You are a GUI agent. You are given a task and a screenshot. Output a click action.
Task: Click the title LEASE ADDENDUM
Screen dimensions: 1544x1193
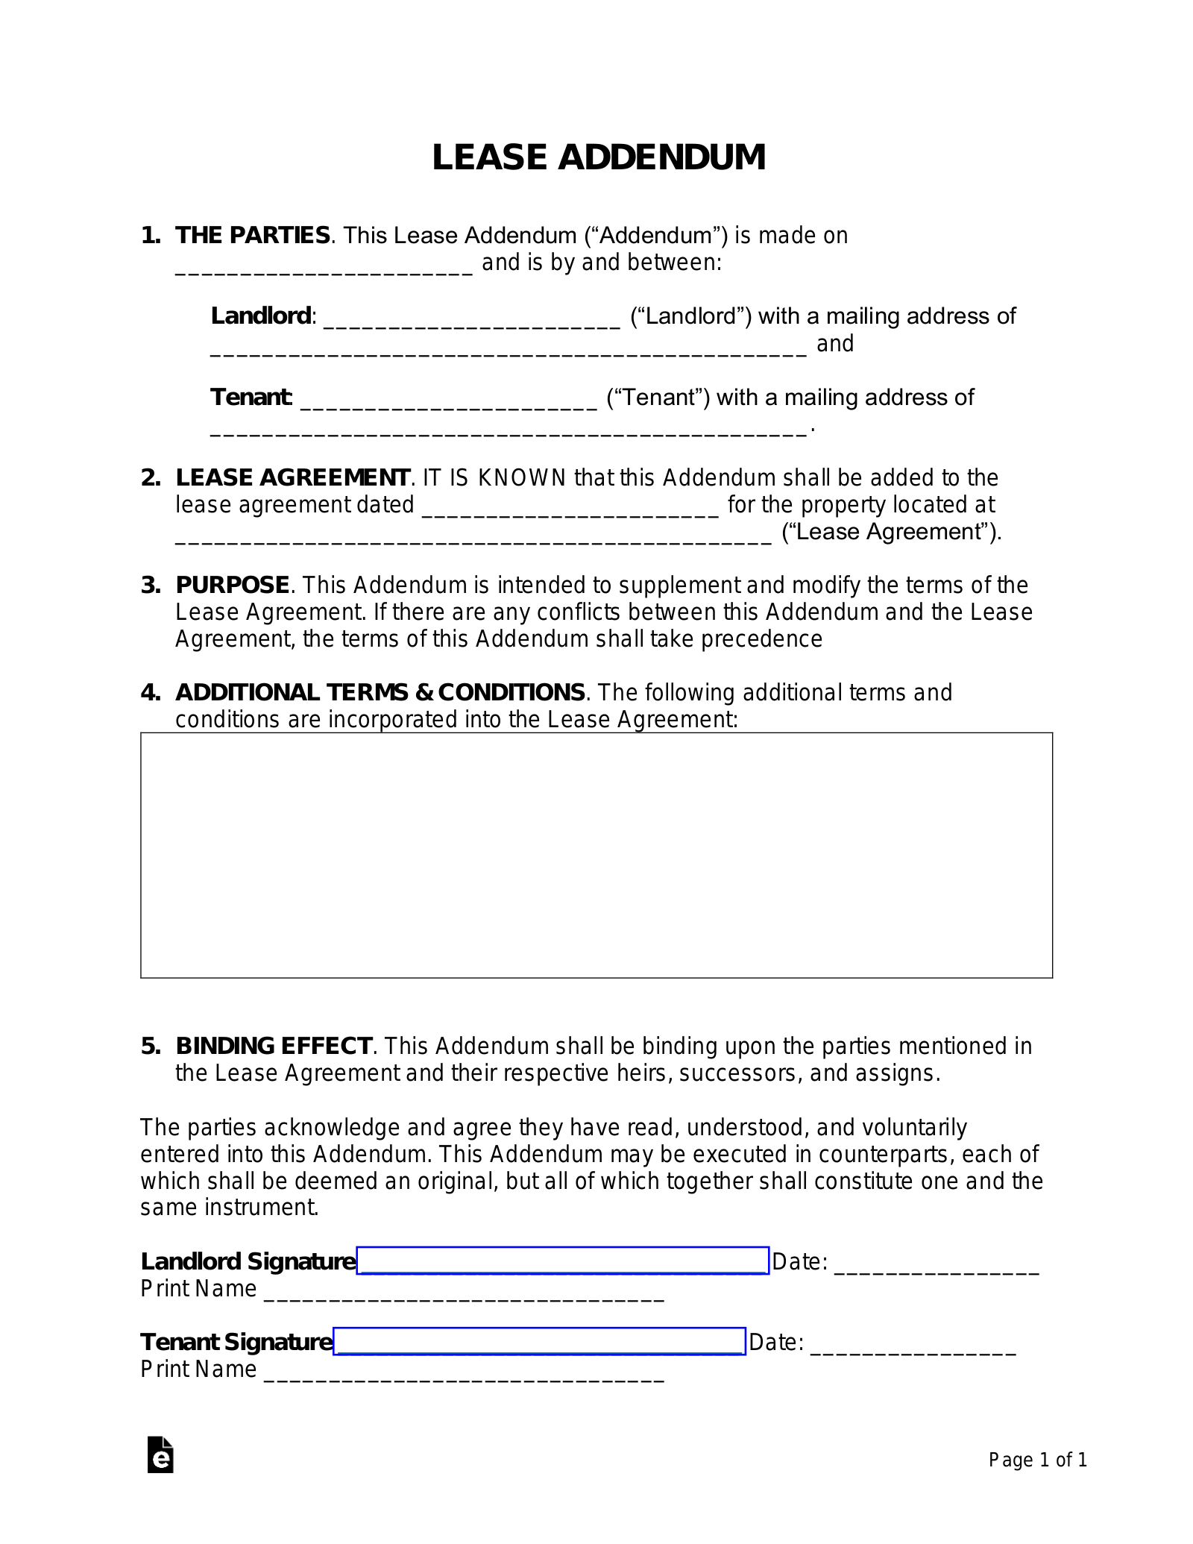pos(599,157)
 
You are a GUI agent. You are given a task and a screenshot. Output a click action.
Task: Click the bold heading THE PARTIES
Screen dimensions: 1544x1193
pos(253,236)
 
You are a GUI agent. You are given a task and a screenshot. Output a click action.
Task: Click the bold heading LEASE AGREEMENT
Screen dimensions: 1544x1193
pos(292,477)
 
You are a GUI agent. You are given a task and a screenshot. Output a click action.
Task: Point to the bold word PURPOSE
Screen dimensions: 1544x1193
pos(232,585)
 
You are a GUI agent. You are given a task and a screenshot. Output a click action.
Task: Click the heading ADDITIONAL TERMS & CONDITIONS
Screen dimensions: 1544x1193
pos(380,692)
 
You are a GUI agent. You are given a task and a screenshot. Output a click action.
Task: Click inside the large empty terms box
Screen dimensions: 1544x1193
pos(596,855)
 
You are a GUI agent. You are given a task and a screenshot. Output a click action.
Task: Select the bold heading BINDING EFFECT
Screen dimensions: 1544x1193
pos(274,1046)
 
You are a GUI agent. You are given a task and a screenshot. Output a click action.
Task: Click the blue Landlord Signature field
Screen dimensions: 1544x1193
pos(562,1261)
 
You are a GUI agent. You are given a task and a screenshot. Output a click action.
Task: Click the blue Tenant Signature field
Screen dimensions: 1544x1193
pos(539,1341)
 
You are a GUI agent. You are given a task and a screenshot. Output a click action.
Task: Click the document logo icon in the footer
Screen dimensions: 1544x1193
pos(160,1454)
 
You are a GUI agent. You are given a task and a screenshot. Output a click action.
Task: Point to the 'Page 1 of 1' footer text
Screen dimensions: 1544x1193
pos(1037,1460)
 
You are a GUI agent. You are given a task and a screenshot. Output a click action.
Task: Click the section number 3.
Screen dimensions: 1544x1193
pos(150,585)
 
